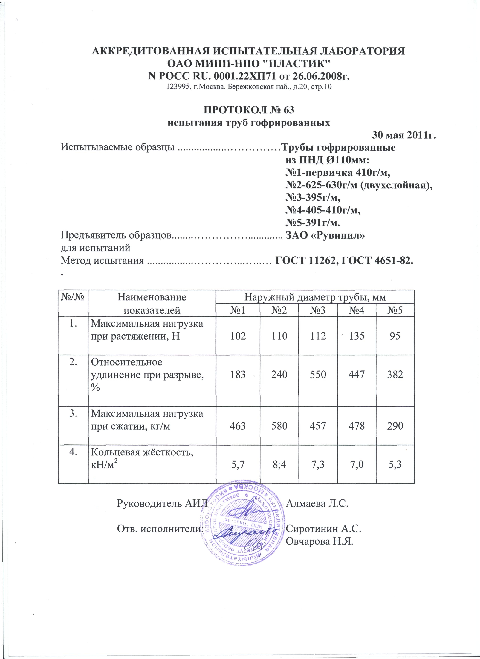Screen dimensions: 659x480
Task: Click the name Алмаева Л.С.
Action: point(317,503)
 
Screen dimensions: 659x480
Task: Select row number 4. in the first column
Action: point(73,452)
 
